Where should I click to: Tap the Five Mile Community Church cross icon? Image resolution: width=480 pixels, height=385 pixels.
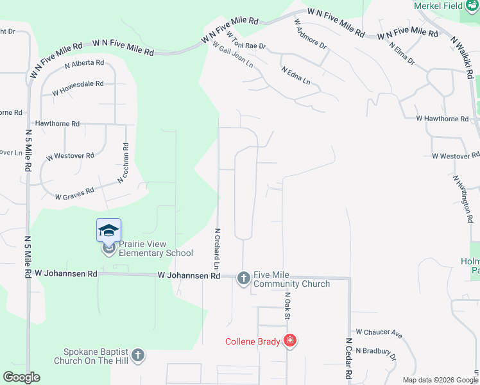click(x=243, y=278)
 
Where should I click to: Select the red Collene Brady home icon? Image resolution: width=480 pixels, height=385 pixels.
click(x=290, y=340)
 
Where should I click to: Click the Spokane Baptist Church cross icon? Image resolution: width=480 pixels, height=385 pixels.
click(x=137, y=355)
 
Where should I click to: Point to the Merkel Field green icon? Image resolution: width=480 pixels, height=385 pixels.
click(x=469, y=6)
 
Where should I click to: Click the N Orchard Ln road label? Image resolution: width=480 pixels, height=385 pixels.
click(x=218, y=249)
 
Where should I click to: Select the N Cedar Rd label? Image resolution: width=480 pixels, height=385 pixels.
click(x=349, y=358)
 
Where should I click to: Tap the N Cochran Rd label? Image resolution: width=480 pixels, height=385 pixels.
click(x=126, y=163)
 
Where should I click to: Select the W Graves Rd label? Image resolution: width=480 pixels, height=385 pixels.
click(x=74, y=193)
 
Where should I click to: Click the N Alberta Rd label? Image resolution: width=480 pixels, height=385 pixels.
click(x=84, y=63)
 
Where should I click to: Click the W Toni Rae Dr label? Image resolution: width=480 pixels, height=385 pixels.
click(x=245, y=46)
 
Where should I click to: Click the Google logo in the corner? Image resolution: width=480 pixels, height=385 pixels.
click(x=21, y=377)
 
